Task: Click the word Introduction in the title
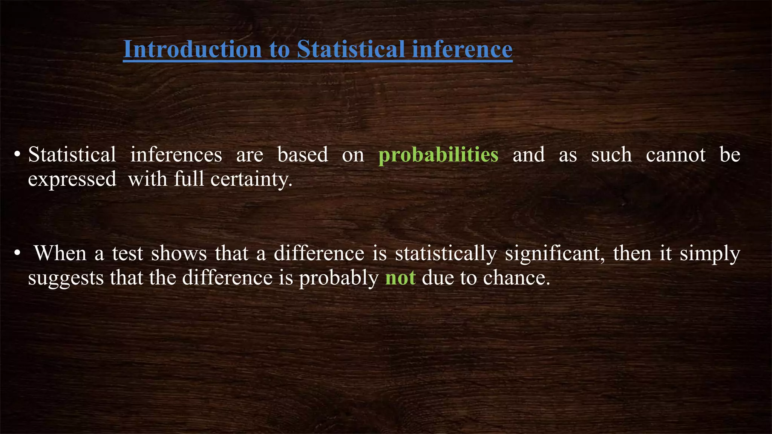pyautogui.click(x=193, y=49)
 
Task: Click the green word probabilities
pyautogui.click(x=438, y=155)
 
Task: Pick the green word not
pyautogui.click(x=400, y=278)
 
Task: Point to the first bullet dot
pyautogui.click(x=17, y=155)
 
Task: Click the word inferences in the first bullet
pyautogui.click(x=176, y=155)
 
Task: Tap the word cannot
pyautogui.click(x=675, y=155)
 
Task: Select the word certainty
pyautogui.click(x=251, y=179)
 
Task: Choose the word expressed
pyautogui.click(x=72, y=179)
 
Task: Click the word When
pyautogui.click(x=60, y=253)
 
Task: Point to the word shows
pyautogui.click(x=179, y=253)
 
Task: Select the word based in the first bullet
pyautogui.click(x=303, y=155)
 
